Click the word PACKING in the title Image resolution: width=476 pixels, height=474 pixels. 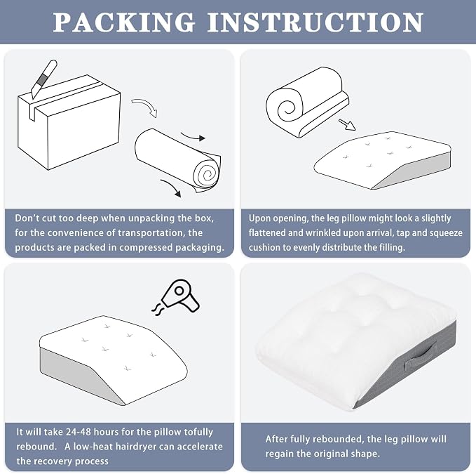[x=124, y=22]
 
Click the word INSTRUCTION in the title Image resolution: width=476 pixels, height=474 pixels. [x=315, y=22]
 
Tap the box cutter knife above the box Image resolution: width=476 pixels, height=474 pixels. [x=44, y=79]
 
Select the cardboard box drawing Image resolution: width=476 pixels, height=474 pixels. [x=69, y=122]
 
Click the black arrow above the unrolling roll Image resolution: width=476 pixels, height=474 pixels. [x=193, y=137]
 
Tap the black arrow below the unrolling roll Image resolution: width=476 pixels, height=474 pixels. [x=171, y=188]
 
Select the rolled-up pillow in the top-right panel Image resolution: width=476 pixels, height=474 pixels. [x=307, y=102]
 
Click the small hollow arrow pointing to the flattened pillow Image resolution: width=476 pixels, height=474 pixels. [x=347, y=124]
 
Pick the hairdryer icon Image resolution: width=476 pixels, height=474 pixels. [x=181, y=295]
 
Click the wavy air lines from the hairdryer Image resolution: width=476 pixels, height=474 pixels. [x=158, y=310]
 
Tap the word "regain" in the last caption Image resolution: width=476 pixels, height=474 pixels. [x=279, y=454]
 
